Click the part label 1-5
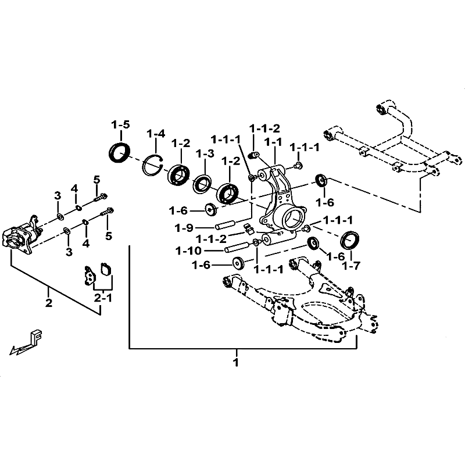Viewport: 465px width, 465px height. (x=121, y=125)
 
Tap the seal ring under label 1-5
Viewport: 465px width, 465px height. (x=120, y=152)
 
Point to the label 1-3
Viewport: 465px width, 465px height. (x=205, y=153)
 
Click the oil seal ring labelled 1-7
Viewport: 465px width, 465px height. (x=350, y=240)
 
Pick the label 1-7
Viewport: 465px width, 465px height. (x=351, y=266)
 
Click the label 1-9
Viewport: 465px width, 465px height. (x=184, y=228)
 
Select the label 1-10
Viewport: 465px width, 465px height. (x=188, y=251)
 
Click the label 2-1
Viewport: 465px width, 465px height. (x=103, y=298)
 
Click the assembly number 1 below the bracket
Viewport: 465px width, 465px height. (x=236, y=362)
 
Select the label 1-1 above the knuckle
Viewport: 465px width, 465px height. (x=273, y=142)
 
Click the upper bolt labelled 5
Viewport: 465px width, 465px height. (x=101, y=198)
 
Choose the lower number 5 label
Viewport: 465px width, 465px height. (x=109, y=236)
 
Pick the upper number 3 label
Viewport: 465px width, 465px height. (x=58, y=195)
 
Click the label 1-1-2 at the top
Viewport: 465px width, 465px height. (x=264, y=128)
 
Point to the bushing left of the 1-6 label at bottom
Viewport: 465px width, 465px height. (x=238, y=263)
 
